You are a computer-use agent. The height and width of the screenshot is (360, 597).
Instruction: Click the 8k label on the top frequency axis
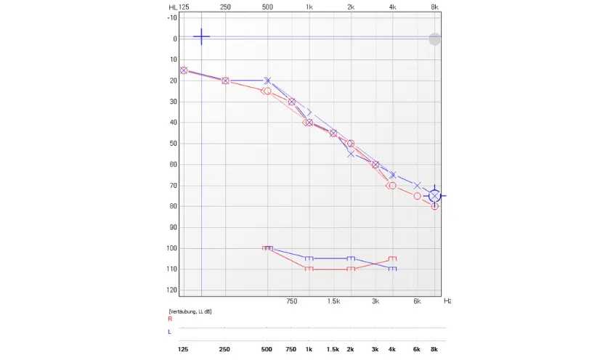pos(434,7)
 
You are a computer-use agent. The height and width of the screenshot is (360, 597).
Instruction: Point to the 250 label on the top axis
pos(225,7)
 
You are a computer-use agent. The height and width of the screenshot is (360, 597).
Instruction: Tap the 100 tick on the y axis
pos(173,248)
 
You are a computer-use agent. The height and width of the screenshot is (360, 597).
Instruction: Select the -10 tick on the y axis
pos(173,17)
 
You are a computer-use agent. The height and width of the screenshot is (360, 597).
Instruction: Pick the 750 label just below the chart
pos(292,300)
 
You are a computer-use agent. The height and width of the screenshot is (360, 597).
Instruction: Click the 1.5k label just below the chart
pos(333,300)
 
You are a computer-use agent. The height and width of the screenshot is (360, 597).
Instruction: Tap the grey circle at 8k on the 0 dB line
pos(434,39)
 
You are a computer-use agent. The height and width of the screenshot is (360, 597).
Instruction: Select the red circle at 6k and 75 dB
pos(418,196)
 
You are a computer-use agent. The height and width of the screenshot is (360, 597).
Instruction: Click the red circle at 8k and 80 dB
pos(434,206)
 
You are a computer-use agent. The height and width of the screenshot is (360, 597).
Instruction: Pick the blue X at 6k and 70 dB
pos(418,186)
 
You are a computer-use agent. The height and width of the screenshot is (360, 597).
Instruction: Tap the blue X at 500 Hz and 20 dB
pos(267,81)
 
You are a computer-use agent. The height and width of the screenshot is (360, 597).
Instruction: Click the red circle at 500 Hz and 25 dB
pos(267,91)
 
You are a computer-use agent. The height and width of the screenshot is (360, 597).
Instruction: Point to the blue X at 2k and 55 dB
pos(351,154)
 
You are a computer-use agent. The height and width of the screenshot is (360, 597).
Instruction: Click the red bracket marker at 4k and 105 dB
pos(393,258)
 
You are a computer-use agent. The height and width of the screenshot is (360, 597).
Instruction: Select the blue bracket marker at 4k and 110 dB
pos(393,269)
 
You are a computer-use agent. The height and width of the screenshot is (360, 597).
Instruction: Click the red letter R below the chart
pos(170,319)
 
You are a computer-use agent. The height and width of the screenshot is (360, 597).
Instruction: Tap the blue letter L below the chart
pos(170,332)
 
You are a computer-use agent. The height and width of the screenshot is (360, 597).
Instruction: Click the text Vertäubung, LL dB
pos(190,311)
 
